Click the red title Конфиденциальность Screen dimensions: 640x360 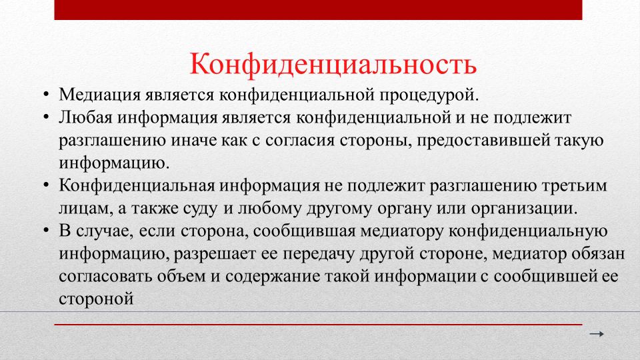pyautogui.click(x=333, y=65)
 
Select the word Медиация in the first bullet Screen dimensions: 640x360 pyautogui.click(x=100, y=95)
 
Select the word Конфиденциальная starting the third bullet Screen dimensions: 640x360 pyautogui.click(x=137, y=186)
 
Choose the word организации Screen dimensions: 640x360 pyautogui.click(x=524, y=209)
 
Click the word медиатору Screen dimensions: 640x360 pyautogui.click(x=402, y=231)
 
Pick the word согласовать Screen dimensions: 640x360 pyautogui.click(x=105, y=276)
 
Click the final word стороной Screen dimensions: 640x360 pyautogui.click(x=96, y=299)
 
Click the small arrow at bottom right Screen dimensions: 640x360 pyautogui.click(x=596, y=334)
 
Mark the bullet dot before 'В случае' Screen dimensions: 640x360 pyautogui.click(x=46, y=231)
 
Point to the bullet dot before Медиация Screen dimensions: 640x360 pyautogui.click(x=46, y=95)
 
